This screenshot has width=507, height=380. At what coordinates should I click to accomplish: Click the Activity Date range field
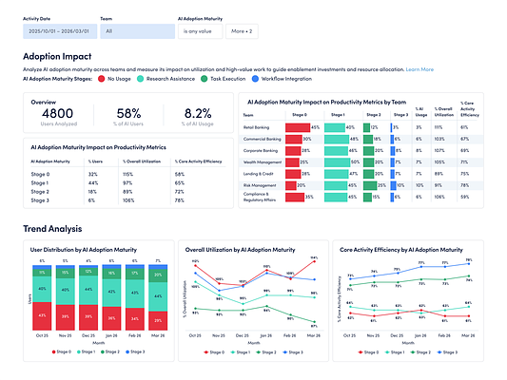59,31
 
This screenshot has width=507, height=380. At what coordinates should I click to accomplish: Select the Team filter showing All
135,31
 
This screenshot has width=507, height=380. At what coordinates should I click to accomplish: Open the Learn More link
419,69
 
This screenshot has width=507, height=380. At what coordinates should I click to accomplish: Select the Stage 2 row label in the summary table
41,191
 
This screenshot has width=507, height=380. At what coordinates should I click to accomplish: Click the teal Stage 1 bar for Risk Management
336,185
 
